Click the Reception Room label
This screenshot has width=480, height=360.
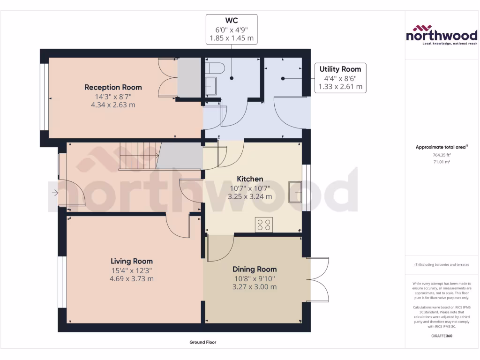coord(113,87)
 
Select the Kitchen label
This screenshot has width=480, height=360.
coord(250,179)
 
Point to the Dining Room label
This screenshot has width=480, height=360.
coord(255,269)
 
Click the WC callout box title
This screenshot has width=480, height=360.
coord(232,21)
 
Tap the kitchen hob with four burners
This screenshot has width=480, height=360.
coord(264,225)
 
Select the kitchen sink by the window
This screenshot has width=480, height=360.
coord(296,191)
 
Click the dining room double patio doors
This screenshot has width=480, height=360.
coord(319,279)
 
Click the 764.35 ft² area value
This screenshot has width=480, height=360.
coord(441,155)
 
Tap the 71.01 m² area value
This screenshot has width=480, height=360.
coord(441,162)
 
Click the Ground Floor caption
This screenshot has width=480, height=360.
coord(202,342)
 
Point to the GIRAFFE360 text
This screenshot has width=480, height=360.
coord(441,336)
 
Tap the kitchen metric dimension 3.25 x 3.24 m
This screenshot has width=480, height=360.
coord(250,196)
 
